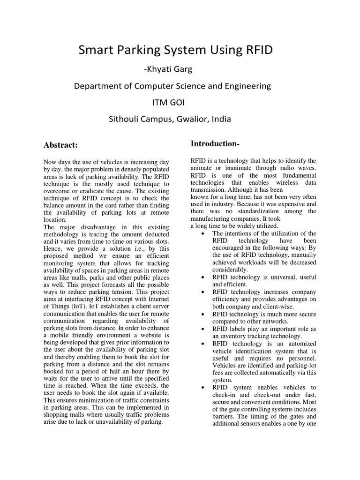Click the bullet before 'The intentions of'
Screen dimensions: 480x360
pos(202,233)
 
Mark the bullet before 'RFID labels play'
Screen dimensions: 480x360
pos(202,329)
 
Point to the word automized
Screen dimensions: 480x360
pos(300,343)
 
